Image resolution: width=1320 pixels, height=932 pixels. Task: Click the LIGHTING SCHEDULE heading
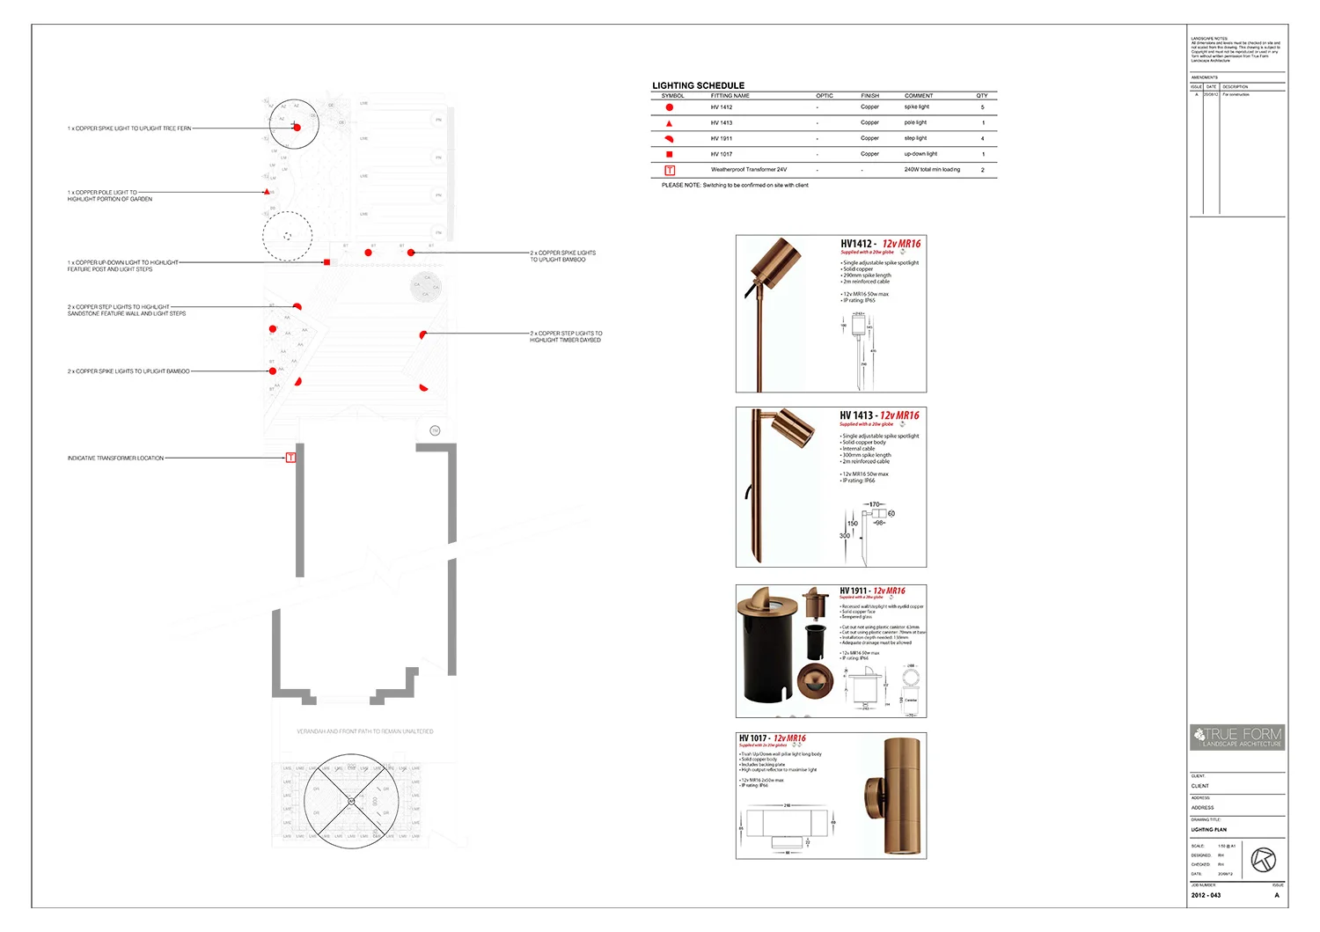click(x=698, y=85)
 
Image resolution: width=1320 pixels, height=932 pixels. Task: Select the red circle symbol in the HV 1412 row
click(x=670, y=107)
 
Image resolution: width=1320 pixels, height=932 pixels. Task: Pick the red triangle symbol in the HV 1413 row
click(x=670, y=123)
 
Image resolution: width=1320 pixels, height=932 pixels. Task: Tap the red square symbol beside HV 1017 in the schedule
click(x=670, y=154)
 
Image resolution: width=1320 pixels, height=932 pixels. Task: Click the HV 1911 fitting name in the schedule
click(x=722, y=139)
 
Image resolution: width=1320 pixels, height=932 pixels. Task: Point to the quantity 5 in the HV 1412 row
click(x=983, y=107)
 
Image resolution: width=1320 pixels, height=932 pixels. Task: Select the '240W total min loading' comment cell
click(x=932, y=170)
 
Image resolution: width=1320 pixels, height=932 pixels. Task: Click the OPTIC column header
click(x=824, y=96)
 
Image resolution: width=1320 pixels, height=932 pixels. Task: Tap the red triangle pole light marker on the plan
click(x=267, y=191)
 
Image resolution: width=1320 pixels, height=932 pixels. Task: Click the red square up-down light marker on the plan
click(x=326, y=262)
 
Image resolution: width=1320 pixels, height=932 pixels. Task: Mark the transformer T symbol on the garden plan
click(x=290, y=458)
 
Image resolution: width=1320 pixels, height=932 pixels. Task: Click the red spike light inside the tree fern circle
click(x=297, y=128)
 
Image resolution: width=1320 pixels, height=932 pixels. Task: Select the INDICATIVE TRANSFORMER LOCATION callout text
click(x=115, y=459)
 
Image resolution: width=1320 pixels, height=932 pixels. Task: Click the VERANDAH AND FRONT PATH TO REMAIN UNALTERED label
click(x=364, y=731)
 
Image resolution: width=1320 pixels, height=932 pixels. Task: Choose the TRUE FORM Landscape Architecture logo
click(x=1237, y=738)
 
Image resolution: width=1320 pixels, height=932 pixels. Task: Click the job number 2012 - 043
click(x=1206, y=895)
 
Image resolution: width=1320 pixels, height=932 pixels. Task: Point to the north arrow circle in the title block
click(x=1264, y=859)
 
